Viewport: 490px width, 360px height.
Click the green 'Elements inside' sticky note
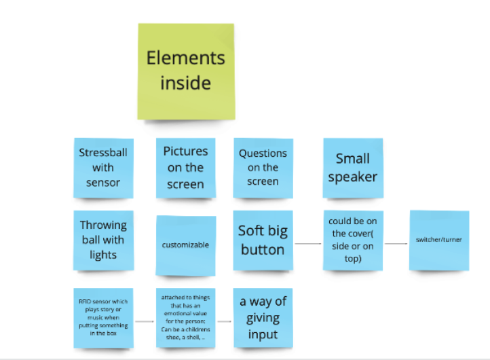tap(186, 71)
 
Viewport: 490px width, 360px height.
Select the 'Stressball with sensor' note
tap(103, 168)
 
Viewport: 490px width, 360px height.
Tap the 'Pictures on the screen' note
tap(185, 168)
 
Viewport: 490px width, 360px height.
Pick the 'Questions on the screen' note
tap(263, 168)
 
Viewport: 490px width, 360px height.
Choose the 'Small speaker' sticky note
tap(352, 168)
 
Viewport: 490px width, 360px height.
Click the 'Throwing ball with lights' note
tap(103, 240)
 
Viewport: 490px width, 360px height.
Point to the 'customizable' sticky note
tap(185, 245)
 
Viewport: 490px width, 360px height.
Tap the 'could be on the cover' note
tap(352, 240)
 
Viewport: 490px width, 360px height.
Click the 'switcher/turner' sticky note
tap(438, 240)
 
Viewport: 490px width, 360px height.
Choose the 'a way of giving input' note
tap(263, 317)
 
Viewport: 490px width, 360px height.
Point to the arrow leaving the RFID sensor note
tap(144, 319)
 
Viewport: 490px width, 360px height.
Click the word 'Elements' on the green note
tap(185, 58)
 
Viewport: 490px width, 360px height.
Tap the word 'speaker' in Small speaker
tap(352, 177)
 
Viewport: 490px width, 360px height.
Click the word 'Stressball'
tap(103, 153)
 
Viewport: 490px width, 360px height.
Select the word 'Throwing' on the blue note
tap(103, 225)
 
